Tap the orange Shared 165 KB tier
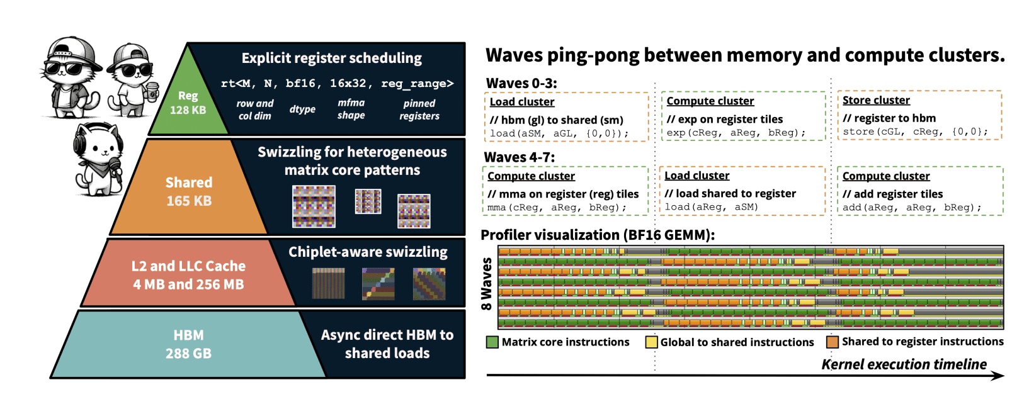point(188,191)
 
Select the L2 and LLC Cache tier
point(188,275)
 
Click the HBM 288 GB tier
point(188,344)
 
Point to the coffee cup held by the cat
point(152,92)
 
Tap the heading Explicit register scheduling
point(332,58)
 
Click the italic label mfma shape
point(351,109)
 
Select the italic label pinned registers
point(419,110)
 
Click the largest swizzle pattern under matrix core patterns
point(314,206)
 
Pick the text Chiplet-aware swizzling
point(368,252)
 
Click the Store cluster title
point(876,100)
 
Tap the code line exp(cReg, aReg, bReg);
point(736,133)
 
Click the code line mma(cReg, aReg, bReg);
point(557,207)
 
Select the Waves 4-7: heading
point(520,157)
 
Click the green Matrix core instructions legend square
point(492,342)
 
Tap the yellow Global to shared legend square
point(651,342)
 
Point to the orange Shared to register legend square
point(833,342)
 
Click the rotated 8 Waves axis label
point(486,284)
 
